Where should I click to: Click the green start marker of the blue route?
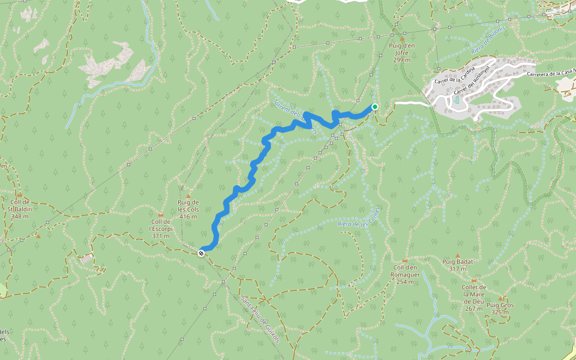pyautogui.click(x=375, y=107)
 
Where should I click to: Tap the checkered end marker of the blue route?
pyautogui.click(x=201, y=253)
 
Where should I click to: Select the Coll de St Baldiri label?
pyautogui.click(x=20, y=209)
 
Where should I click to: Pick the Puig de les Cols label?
pyautogui.click(x=188, y=209)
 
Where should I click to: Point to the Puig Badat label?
pyautogui.click(x=457, y=265)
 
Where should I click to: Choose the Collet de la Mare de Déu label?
pyautogui.click(x=473, y=298)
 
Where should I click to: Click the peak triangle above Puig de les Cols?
pyautogui.click(x=188, y=196)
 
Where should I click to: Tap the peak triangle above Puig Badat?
pyautogui.click(x=457, y=255)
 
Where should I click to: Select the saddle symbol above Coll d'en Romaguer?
pyautogui.click(x=406, y=261)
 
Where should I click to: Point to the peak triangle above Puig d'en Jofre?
pyautogui.click(x=402, y=38)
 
